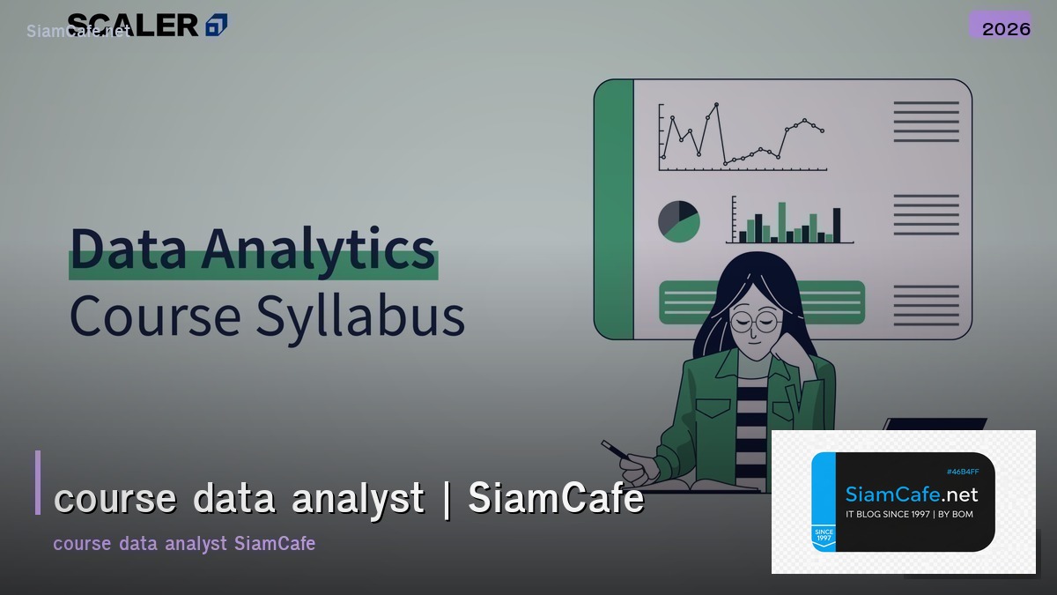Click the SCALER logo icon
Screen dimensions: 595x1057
[216, 26]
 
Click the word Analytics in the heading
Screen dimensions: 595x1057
[318, 249]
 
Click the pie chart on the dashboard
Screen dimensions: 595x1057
[678, 220]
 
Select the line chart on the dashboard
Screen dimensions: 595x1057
[742, 137]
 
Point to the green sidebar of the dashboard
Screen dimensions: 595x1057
[614, 209]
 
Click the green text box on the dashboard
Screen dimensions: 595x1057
[762, 302]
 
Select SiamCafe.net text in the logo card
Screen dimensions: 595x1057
[911, 494]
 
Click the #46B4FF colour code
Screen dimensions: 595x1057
[962, 472]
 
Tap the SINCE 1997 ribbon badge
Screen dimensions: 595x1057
[824, 537]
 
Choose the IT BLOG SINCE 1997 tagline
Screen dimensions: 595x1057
[909, 514]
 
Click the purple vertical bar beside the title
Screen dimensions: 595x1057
[38, 482]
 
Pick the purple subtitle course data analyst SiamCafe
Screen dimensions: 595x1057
[184, 543]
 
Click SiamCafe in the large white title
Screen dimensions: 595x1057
[556, 499]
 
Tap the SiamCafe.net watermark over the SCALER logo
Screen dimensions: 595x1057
[78, 31]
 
